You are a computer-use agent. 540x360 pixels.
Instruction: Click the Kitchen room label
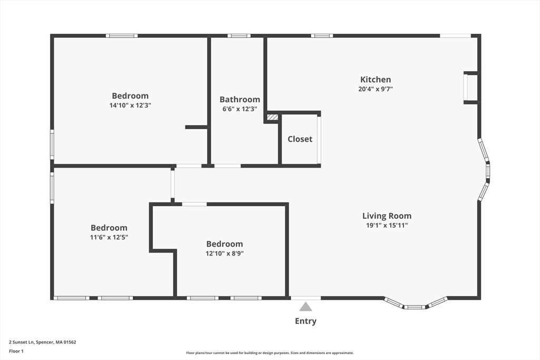(x=375, y=80)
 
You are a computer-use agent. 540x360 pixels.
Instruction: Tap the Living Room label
(x=387, y=216)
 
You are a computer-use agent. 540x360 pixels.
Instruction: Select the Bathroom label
(x=239, y=99)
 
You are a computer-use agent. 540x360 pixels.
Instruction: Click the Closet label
(x=300, y=139)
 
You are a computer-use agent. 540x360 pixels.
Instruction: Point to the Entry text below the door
(x=305, y=321)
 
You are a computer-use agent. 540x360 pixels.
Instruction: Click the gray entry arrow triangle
(x=305, y=307)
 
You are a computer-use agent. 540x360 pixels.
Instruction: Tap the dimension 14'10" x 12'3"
(x=130, y=105)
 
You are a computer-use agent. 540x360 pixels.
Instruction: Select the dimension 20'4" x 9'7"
(x=375, y=89)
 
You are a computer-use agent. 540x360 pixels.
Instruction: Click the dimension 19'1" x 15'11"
(x=387, y=225)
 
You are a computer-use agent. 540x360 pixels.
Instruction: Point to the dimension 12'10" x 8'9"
(x=225, y=254)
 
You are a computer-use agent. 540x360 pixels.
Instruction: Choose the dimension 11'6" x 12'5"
(x=109, y=237)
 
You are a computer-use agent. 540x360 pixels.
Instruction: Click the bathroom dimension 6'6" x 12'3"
(x=239, y=109)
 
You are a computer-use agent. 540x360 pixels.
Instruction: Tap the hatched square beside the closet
(x=272, y=118)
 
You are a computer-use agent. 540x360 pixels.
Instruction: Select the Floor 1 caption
(x=16, y=351)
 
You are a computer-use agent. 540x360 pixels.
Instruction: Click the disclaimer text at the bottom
(x=269, y=353)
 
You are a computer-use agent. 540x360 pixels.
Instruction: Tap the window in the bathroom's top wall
(x=239, y=36)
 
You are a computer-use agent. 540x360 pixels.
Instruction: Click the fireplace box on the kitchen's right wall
(x=471, y=87)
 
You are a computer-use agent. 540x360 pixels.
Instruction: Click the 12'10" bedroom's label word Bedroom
(x=225, y=244)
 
